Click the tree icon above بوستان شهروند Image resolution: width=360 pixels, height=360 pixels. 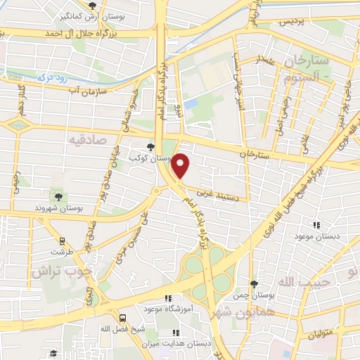(x=58, y=195)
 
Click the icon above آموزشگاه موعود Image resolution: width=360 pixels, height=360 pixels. (x=167, y=298)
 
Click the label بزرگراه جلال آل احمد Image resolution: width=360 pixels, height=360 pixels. (x=79, y=33)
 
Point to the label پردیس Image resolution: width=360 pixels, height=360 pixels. (x=295, y=23)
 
